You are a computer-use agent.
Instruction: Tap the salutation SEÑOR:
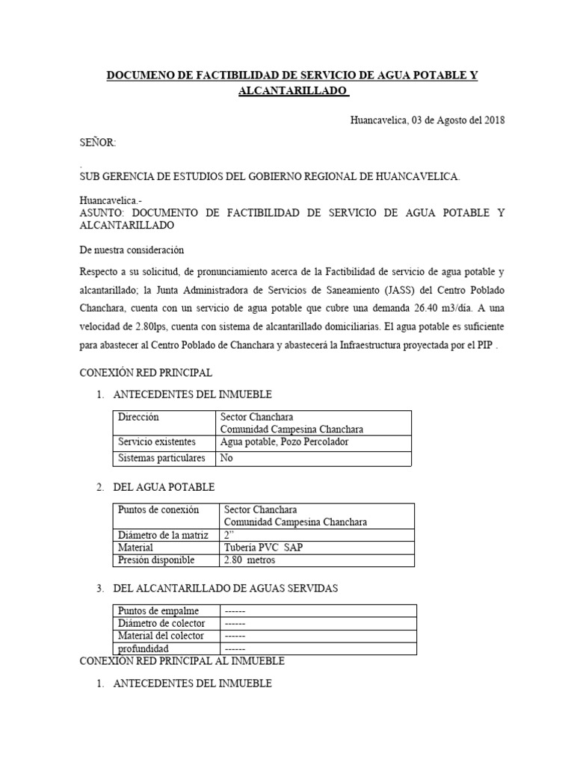point(98,142)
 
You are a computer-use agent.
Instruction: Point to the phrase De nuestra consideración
point(131,250)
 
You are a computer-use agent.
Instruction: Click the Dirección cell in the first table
point(138,417)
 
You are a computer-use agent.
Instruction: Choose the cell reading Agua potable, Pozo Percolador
point(284,442)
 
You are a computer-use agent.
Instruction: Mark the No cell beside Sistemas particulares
point(226,458)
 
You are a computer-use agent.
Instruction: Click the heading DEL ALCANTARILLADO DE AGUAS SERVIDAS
point(225,589)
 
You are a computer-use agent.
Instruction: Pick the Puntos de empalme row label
point(158,611)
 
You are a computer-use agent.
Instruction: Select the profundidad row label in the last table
point(143,648)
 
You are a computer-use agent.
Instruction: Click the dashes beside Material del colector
point(235,636)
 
